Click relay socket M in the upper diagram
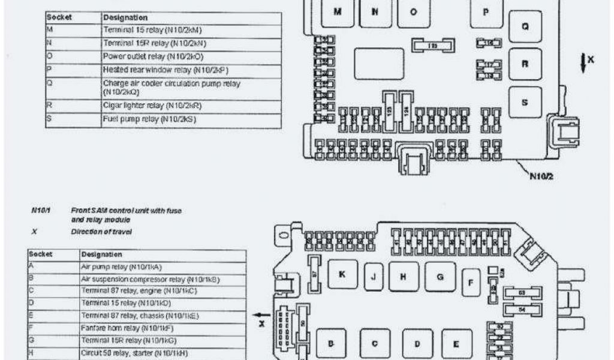coord(337,13)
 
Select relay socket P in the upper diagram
coord(486,13)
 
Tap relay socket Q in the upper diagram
coord(525,27)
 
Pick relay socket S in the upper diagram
coord(525,102)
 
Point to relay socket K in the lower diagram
coord(342,275)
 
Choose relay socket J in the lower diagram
coord(374,277)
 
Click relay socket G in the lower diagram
coord(441,277)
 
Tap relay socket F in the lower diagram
coord(472,281)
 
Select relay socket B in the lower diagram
coord(330,344)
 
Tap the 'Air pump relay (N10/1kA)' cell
coord(162,267)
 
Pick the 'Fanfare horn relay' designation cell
coord(162,328)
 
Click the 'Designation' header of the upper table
coord(125,18)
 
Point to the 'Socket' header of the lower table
coord(41,254)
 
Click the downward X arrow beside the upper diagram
coord(583,62)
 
